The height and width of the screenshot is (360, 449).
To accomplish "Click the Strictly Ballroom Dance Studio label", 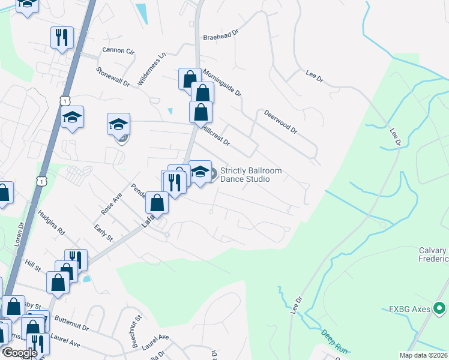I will (x=250, y=175).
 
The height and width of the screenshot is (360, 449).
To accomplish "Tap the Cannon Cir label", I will (x=118, y=50).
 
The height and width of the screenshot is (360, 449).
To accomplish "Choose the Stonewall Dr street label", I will (x=113, y=77).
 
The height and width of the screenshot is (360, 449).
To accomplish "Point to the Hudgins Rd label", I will (x=51, y=222).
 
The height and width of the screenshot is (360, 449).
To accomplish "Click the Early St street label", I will (x=103, y=233).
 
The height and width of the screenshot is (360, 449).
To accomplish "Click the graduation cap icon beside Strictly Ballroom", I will (x=200, y=172).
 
